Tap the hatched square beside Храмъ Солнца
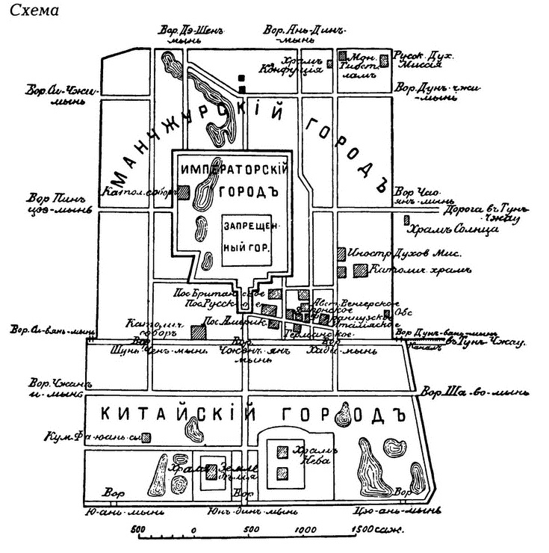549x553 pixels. click(406, 220)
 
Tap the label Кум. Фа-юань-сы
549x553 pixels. click(93, 436)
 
